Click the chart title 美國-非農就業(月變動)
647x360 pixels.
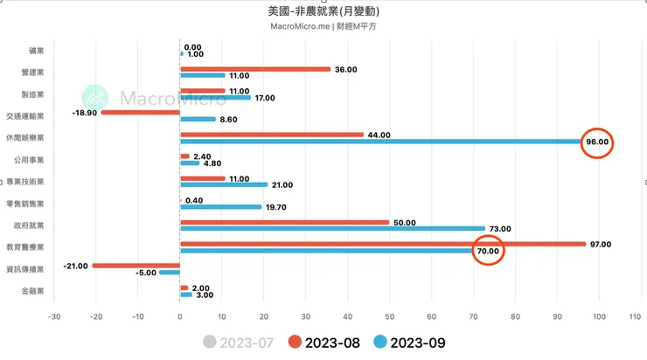pos(323,12)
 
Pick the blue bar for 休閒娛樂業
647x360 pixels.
pos(381,142)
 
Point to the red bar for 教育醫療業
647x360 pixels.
pos(382,244)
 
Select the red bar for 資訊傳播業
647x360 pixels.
pos(136,266)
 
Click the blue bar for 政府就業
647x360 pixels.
pos(332,229)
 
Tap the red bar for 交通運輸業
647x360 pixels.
pos(140,113)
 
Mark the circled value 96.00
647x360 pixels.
pos(598,142)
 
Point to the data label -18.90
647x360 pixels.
pos(85,113)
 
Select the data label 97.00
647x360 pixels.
pos(601,244)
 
